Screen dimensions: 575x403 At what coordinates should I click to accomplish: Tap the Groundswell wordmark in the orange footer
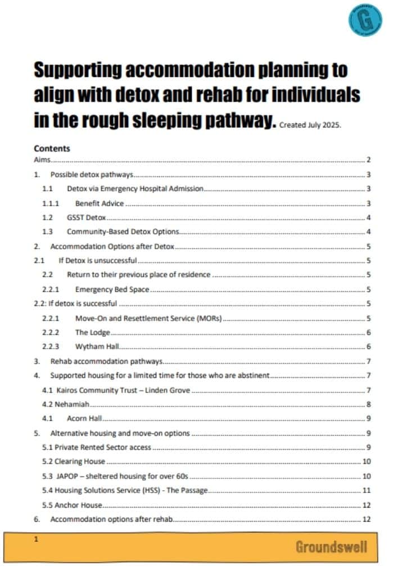[332, 546]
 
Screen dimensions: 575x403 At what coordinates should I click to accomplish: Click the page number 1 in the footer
[36, 539]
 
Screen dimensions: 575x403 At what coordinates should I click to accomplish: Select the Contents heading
[52, 149]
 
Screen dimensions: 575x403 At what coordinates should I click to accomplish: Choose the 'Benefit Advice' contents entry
[99, 203]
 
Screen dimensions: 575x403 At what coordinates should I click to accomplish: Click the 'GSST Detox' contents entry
[86, 217]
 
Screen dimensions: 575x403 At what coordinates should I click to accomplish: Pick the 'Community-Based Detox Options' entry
[123, 231]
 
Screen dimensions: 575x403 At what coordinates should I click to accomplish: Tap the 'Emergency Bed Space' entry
[111, 290]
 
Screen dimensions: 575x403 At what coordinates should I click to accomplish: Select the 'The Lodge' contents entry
[93, 332]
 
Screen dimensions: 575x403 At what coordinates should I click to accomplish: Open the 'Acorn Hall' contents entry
[84, 418]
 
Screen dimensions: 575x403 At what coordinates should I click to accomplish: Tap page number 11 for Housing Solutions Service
[366, 490]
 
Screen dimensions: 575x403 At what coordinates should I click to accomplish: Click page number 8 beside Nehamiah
[368, 404]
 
